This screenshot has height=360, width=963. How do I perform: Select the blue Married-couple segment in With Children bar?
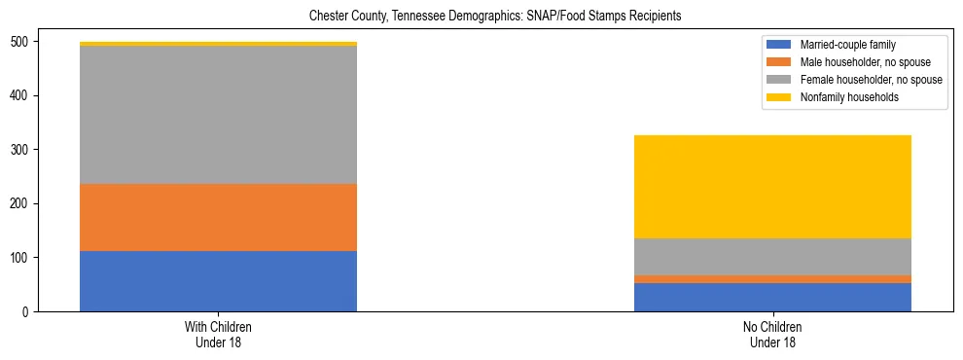pos(218,281)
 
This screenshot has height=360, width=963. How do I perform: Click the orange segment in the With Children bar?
pos(218,218)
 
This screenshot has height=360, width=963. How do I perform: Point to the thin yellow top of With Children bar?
pos(218,44)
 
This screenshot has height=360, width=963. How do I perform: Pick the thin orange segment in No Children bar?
pos(772,279)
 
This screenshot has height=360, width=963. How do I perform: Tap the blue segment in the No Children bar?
pos(772,297)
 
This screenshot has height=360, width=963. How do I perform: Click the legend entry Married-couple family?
pos(847,45)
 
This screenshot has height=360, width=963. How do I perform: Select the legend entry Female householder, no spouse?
pos(865,80)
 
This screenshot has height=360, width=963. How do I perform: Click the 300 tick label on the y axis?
pos(22,150)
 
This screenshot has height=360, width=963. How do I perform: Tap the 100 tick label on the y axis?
pos(22,258)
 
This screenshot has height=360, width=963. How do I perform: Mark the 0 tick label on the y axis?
pos(28,311)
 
